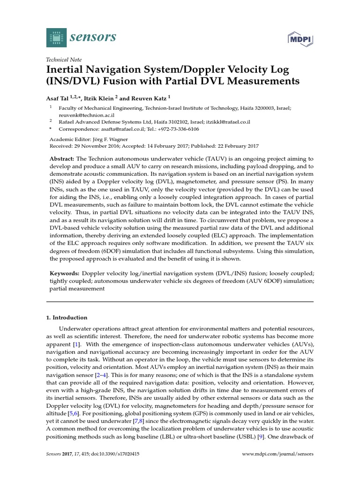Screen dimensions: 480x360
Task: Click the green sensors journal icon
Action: click(56, 37)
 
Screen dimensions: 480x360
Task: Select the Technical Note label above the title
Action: click(64, 60)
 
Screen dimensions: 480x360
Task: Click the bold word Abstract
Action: click(62, 159)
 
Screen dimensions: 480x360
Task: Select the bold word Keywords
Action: click(64, 272)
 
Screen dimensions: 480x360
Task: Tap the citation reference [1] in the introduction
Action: click(75, 345)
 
